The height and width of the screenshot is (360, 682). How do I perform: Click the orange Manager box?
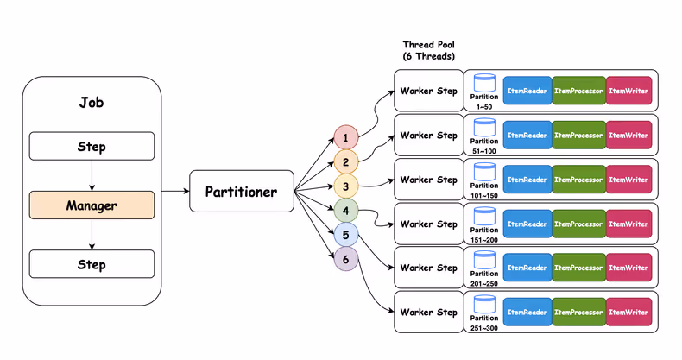tap(92, 205)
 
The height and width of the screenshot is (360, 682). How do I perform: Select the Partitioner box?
tap(241, 192)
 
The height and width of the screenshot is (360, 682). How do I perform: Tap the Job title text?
tap(92, 104)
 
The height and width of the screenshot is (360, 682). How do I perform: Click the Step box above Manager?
tap(92, 147)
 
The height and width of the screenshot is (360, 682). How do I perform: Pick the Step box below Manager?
tap(92, 263)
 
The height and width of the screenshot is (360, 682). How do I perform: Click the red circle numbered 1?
tap(345, 138)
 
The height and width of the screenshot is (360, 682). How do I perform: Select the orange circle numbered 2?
tap(345, 161)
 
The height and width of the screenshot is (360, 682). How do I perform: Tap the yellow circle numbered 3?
tap(345, 186)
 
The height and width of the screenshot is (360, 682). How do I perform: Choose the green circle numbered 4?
tap(345, 210)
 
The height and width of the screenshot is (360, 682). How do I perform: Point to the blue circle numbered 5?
tap(345, 234)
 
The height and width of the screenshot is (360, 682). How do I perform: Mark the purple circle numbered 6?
tap(345, 258)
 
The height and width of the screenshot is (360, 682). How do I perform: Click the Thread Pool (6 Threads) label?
tap(428, 50)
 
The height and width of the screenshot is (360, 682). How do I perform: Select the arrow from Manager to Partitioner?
tap(171, 192)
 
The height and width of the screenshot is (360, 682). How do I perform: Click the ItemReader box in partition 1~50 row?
tap(527, 92)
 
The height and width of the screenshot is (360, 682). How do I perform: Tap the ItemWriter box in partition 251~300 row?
tap(628, 313)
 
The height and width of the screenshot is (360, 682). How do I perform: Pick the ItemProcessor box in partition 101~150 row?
tap(578, 180)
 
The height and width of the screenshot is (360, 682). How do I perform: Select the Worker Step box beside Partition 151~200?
tap(428, 224)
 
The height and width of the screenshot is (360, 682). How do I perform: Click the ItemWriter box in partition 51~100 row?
tap(628, 136)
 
